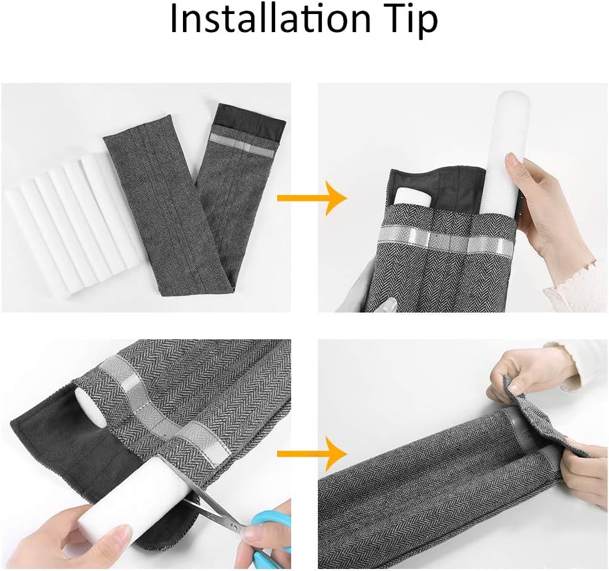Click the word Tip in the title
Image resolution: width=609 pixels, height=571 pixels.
412,21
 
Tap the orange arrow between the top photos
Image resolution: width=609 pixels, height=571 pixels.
311,198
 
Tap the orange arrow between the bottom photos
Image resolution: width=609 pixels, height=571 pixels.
311,453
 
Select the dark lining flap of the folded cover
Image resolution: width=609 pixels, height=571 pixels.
251,116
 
